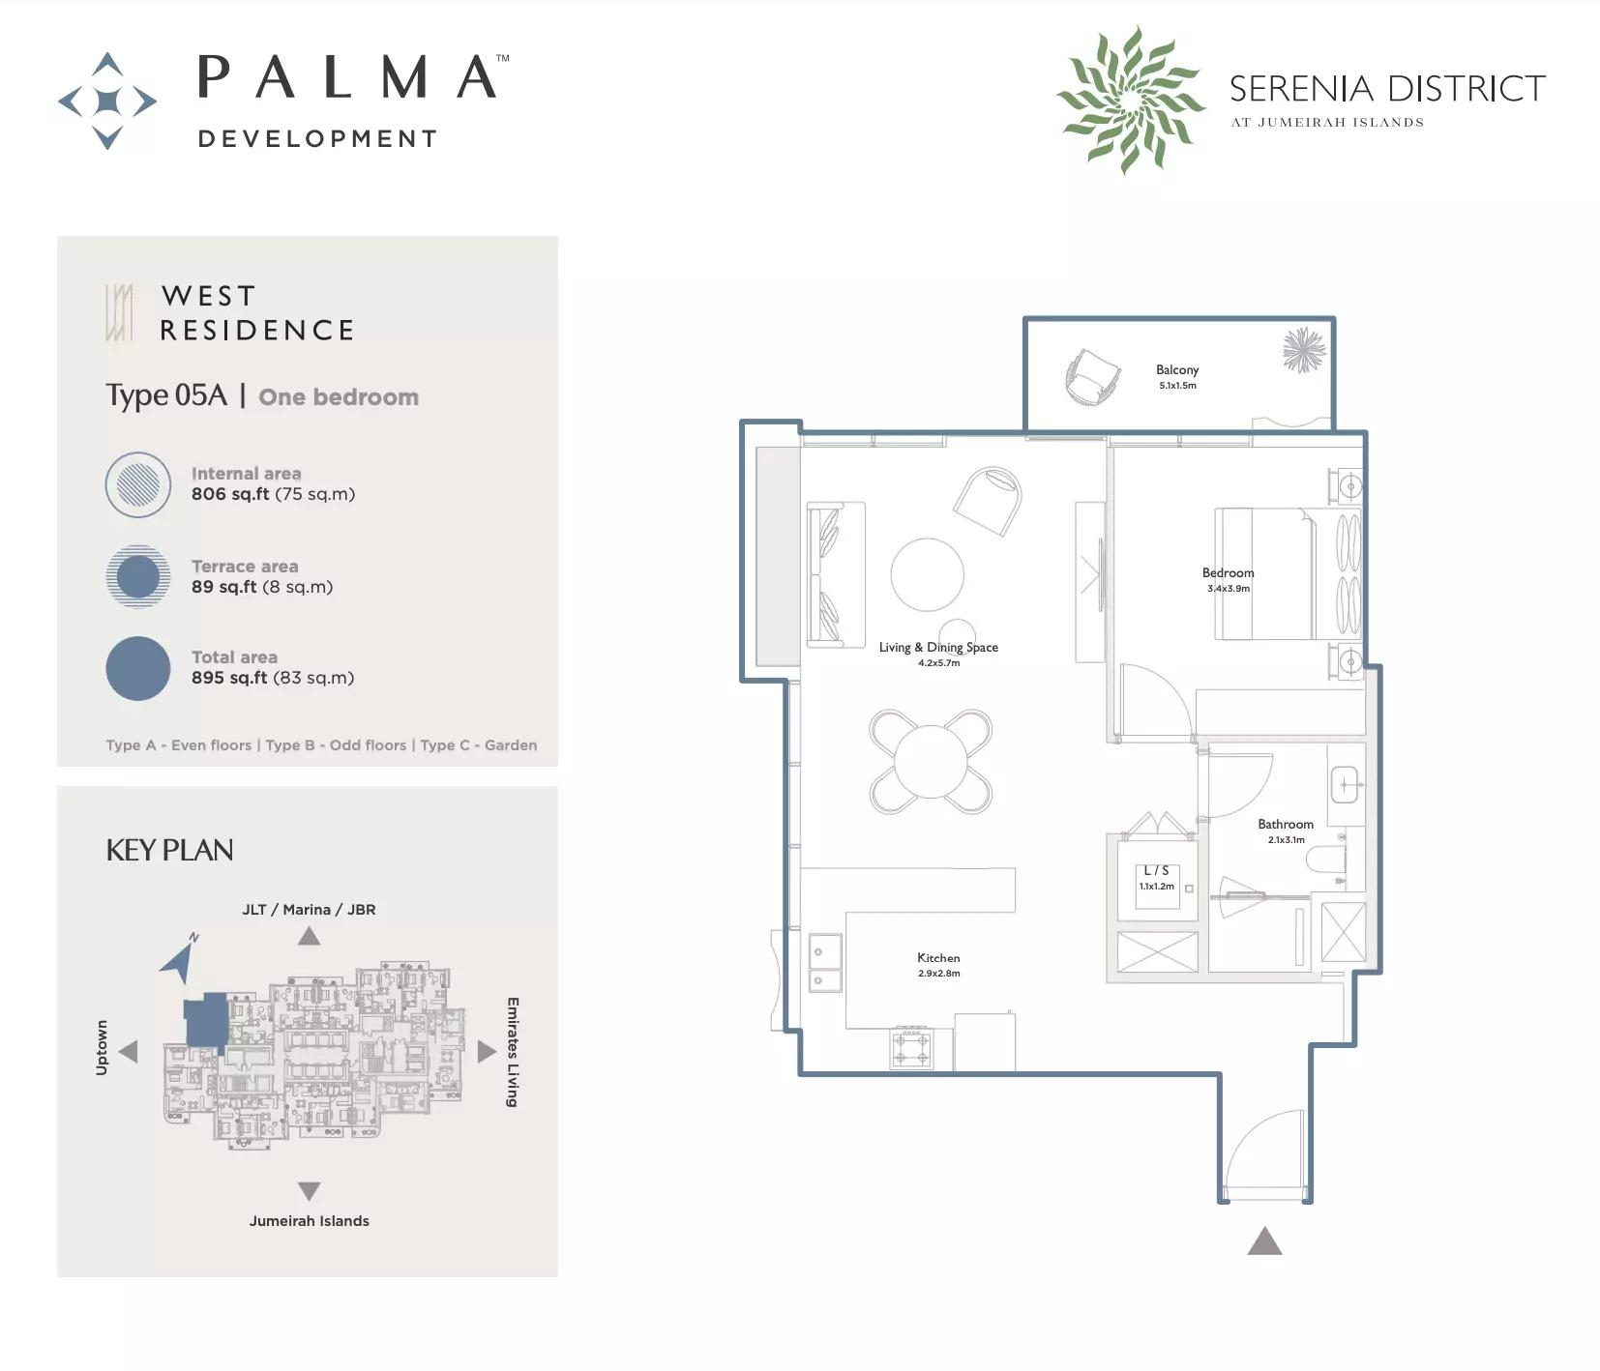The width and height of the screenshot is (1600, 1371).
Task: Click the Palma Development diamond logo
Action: (x=107, y=101)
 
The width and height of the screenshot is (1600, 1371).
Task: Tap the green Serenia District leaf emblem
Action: (x=1130, y=100)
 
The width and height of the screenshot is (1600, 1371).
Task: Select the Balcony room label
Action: (x=1177, y=369)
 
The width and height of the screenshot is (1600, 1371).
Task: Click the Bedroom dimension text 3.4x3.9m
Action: (x=1229, y=588)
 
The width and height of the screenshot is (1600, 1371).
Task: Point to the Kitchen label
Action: (x=938, y=957)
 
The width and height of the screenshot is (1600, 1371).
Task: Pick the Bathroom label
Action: (x=1286, y=824)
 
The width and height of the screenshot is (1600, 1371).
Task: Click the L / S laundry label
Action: (x=1157, y=870)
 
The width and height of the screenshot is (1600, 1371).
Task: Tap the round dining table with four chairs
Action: (x=931, y=762)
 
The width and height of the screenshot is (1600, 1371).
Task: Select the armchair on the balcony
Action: (x=1092, y=376)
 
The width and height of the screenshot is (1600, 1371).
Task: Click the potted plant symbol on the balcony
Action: (x=1303, y=350)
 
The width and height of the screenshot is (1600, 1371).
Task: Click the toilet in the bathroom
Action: (x=1326, y=858)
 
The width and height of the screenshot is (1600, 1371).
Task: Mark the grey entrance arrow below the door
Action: (x=1264, y=1240)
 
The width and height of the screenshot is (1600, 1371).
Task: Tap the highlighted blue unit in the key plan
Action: (x=206, y=1021)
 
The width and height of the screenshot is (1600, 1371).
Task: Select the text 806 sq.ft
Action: (x=230, y=494)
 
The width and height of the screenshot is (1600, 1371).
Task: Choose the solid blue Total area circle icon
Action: (x=138, y=668)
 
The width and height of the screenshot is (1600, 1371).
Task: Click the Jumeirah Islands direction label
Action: (x=310, y=1221)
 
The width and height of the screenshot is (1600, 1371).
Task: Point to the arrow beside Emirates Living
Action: (x=487, y=1051)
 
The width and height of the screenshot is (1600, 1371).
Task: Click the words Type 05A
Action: (x=166, y=395)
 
